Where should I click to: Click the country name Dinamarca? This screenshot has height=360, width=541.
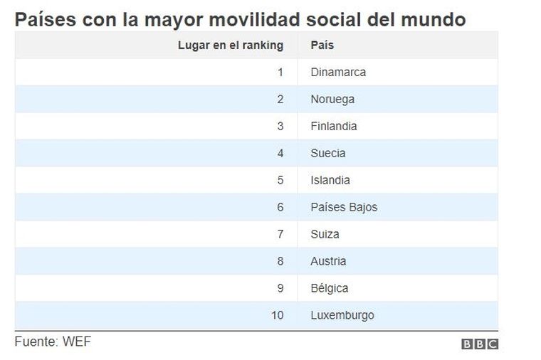coord(338,72)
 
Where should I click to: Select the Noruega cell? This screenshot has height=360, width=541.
coord(332,100)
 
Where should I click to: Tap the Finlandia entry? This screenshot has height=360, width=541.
coord(334,126)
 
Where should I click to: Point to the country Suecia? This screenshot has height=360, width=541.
coord(327,153)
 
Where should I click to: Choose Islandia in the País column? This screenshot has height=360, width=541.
coord(330,180)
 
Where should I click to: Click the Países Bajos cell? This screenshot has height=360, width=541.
coord(344,207)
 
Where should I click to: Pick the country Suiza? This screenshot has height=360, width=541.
coord(325,234)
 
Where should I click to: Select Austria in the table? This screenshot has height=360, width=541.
coord(328,261)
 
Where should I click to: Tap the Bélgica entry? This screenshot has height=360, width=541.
coord(330,288)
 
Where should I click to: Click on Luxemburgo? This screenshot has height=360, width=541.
coord(342,315)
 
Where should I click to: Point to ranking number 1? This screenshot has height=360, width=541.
coord(280,73)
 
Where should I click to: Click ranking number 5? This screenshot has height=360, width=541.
coord(280,180)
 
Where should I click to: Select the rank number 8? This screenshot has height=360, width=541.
coord(280,261)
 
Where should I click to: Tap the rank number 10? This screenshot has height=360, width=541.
coord(278,315)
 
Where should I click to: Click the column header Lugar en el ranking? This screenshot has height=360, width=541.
coord(231,45)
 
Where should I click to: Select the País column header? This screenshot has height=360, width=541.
coord(322,45)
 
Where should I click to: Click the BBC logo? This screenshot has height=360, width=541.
coord(480,344)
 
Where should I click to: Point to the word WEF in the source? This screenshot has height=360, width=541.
coord(77,342)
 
